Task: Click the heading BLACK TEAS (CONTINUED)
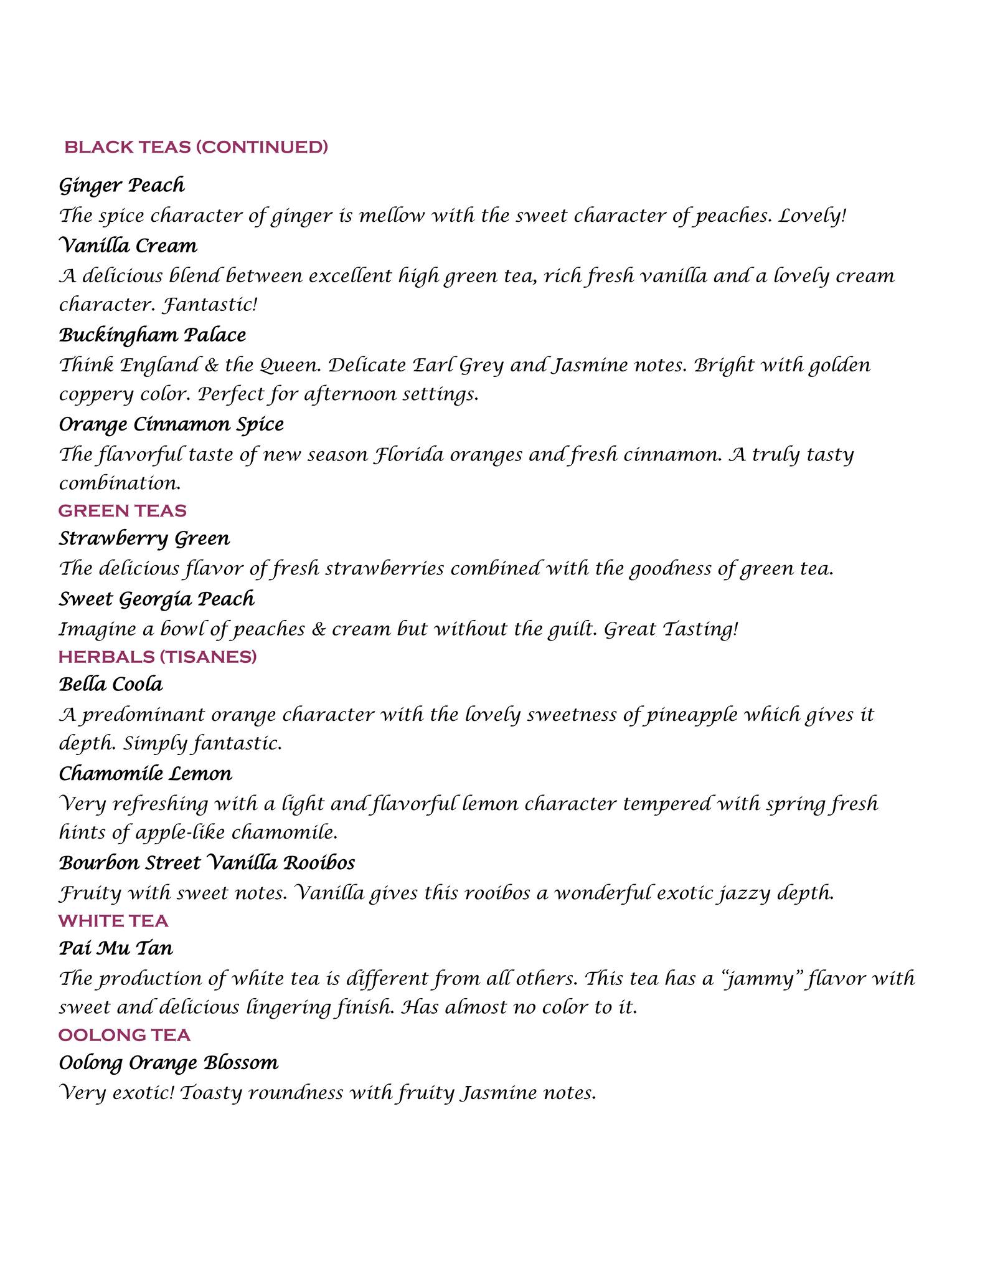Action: click(x=196, y=147)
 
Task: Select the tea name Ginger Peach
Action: click(x=122, y=185)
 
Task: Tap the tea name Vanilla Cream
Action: click(x=128, y=245)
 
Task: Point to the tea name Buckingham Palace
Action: click(x=153, y=335)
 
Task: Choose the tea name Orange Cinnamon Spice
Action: click(x=171, y=424)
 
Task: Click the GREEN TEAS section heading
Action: click(x=122, y=511)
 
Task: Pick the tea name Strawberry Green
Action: click(x=144, y=538)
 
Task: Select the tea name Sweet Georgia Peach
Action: click(x=157, y=599)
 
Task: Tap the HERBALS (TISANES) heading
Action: click(x=158, y=657)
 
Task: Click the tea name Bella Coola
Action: click(x=111, y=684)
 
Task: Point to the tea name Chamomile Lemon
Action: click(x=146, y=774)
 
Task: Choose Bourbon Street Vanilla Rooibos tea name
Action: click(x=207, y=863)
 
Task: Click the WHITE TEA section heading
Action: click(x=113, y=921)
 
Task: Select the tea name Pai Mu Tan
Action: click(x=116, y=948)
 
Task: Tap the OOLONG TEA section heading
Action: click(x=125, y=1035)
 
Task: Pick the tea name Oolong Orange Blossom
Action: click(x=169, y=1062)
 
